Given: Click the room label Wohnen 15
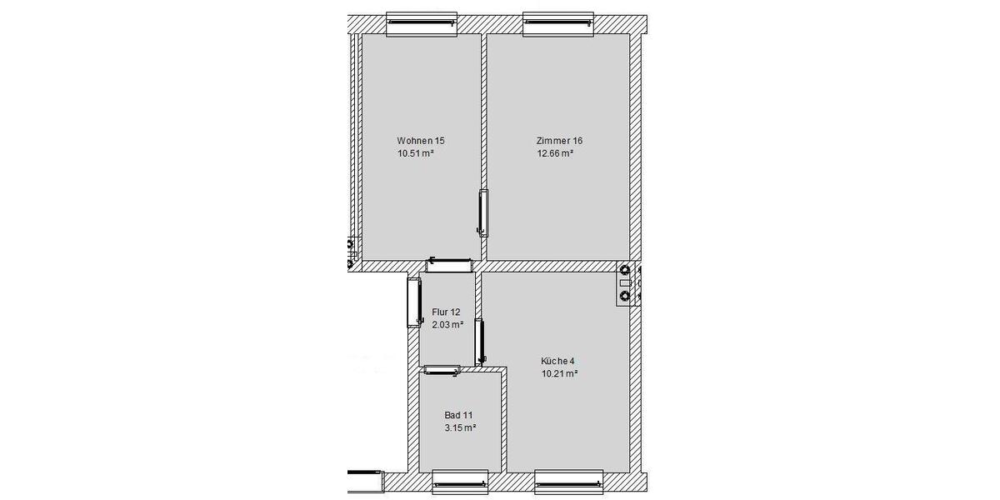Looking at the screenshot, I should coord(426,141).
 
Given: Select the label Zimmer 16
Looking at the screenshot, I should coord(559,141).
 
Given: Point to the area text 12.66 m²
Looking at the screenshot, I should coord(555,153).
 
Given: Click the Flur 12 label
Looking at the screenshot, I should coord(446,312).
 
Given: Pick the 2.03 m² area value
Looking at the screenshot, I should coord(447,325).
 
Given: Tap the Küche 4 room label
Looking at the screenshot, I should coord(557,361).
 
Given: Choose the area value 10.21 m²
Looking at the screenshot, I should coord(559,374).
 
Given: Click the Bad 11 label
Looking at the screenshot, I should coord(459,415).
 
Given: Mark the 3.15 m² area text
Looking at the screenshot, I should coord(460,428).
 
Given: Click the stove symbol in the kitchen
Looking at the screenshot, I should coord(627,283).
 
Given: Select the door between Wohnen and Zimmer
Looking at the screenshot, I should coord(483,212).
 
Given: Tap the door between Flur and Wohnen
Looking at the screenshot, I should coord(450,265).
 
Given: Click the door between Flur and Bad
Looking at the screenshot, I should coord(442,369).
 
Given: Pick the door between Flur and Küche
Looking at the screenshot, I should coord(480,342).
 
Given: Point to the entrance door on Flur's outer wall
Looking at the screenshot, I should coord(413,301).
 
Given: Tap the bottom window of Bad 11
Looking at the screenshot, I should coord(459,481).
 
